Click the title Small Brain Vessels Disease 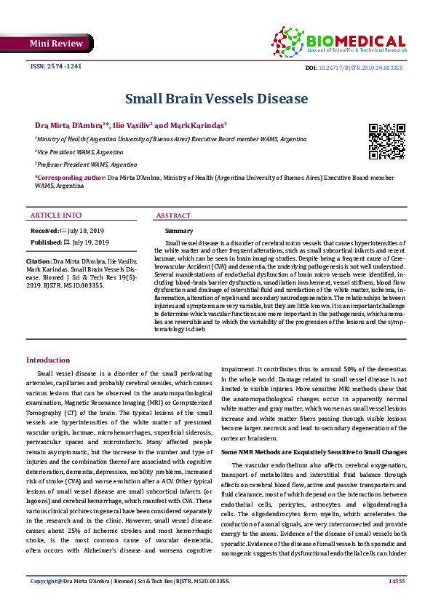(216, 98)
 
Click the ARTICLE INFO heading (57, 215)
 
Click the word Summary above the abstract (179, 230)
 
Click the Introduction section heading (48, 360)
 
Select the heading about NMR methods (314, 452)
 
